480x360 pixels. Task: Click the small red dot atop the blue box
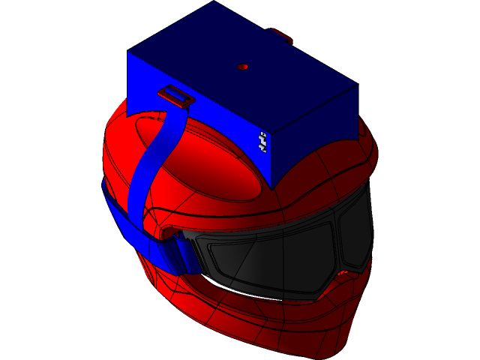tap(242, 67)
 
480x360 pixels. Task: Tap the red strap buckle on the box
tap(176, 95)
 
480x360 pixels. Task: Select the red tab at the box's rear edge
tap(280, 34)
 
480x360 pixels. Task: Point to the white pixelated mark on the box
tap(262, 141)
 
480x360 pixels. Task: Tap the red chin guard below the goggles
tap(300, 322)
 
